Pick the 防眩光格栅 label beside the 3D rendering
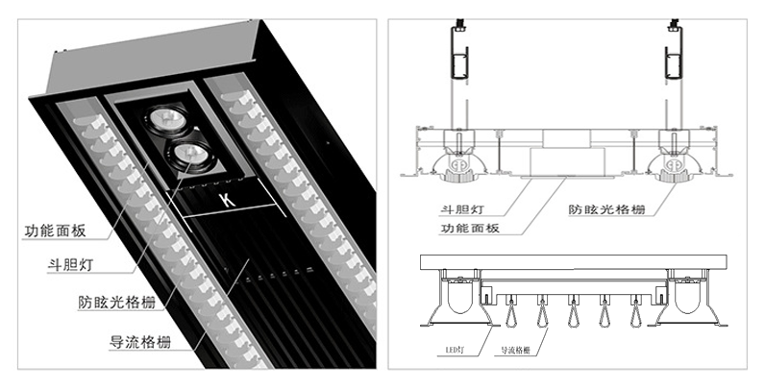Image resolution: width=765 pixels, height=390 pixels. tap(114, 300)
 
